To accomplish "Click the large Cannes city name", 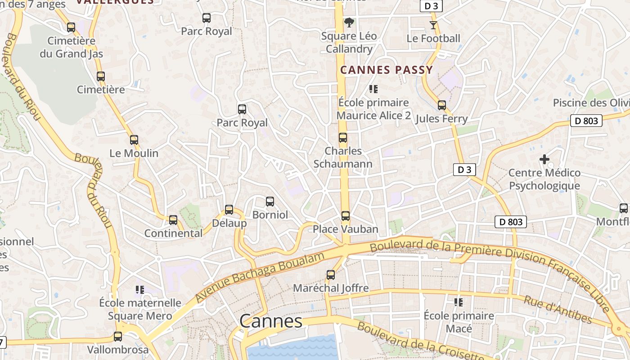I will tap(271, 321).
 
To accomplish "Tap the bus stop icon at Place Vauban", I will tap(345, 216).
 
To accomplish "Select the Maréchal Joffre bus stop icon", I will tap(331, 275).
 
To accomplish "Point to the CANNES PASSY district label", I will tap(387, 70).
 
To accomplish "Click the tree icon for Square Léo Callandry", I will tap(349, 22).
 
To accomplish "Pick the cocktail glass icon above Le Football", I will tap(433, 25).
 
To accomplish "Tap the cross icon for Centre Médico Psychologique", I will tap(544, 159).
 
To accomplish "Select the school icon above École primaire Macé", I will tap(459, 302).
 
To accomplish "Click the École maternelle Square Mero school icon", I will tap(140, 290).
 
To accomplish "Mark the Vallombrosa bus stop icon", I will tap(118, 337).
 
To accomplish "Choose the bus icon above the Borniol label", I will tap(270, 202).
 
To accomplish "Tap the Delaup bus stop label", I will tap(229, 223).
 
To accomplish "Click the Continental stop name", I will tap(173, 233).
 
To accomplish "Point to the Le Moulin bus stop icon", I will tap(134, 140).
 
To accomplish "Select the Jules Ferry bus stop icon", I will tap(442, 105).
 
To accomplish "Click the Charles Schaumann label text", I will tap(343, 157).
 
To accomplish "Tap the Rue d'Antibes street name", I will tap(558, 310).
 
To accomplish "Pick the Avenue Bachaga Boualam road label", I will tap(260, 277).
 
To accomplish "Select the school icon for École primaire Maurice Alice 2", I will tap(373, 89).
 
